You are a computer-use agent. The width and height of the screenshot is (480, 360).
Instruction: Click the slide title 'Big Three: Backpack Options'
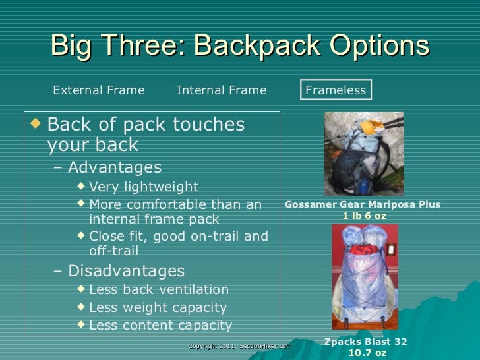coord(239,46)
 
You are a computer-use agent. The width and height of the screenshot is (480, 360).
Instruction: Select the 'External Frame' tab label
coord(98,90)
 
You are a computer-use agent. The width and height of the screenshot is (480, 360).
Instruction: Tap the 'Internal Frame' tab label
coord(222,90)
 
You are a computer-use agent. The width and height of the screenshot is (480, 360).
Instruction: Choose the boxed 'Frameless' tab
coord(336,90)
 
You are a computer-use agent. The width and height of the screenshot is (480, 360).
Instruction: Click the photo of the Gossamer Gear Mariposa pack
coord(363,154)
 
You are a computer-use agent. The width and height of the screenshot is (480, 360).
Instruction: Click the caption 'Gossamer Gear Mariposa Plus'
coord(363,205)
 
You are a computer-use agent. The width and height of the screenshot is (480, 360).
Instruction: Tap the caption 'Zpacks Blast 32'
coord(367,342)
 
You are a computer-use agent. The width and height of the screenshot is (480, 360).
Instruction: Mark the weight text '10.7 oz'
coord(367,353)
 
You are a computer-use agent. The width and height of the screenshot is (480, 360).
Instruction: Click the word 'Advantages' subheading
coord(114,167)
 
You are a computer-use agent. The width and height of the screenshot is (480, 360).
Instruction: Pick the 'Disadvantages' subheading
coord(126,271)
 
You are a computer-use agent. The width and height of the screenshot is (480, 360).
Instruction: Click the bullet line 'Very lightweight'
coord(143,187)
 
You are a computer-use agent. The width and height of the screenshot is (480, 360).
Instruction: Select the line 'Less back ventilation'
coord(158,289)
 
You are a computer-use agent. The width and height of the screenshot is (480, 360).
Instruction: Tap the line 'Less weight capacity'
coord(158,307)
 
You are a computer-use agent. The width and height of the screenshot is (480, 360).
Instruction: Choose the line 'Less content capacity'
coord(160,325)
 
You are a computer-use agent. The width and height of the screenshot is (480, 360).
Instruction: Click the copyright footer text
coord(239,345)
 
